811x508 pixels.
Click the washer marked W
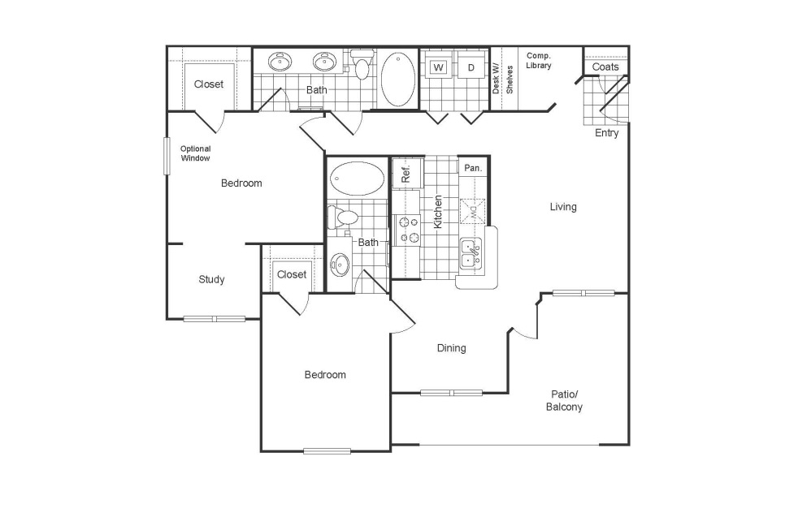[439, 67]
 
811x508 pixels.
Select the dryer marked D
[471, 67]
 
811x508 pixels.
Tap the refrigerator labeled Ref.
[405, 174]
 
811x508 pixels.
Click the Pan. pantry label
[473, 168]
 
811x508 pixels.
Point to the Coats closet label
[605, 67]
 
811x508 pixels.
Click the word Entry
[606, 133]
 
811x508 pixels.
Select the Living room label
[563, 207]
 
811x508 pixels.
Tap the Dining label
[452, 348]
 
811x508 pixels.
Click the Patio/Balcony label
[564, 401]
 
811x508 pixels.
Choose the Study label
[212, 280]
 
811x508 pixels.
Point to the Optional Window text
[196, 153]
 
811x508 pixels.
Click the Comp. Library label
[538, 61]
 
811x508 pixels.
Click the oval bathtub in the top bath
[397, 79]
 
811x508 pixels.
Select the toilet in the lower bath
[344, 217]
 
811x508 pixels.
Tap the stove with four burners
[406, 229]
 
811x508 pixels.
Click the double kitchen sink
[470, 254]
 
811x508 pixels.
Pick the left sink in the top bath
[281, 62]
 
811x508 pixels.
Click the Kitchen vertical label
[438, 211]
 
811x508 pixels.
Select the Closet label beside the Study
[292, 274]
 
